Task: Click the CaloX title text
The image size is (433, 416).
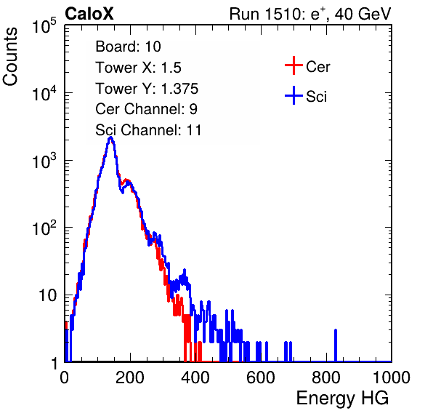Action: tap(89, 14)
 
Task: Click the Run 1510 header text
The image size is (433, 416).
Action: tap(310, 14)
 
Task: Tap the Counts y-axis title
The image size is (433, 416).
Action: tap(10, 57)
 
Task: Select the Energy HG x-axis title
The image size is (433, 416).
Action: tap(342, 398)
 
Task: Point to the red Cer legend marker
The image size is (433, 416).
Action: tap(294, 65)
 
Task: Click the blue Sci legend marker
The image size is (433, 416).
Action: tap(294, 95)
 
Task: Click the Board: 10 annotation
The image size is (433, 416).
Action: tap(128, 47)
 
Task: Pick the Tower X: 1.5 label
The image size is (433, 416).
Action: tap(138, 68)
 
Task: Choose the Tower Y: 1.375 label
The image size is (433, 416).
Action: tap(147, 89)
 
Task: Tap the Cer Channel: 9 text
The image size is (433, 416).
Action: tap(146, 109)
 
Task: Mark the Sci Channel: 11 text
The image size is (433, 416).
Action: tap(148, 130)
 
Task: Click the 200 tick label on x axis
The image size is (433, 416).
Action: tap(130, 377)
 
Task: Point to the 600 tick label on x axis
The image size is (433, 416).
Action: tap(261, 377)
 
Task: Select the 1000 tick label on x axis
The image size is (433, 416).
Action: tap(392, 377)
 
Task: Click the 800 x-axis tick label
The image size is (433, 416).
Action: tap(326, 377)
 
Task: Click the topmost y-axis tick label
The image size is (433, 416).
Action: tap(44, 26)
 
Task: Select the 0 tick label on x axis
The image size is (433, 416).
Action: tap(64, 377)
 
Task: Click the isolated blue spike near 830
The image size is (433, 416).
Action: tap(336, 345)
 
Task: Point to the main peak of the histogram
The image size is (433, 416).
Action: tap(110, 138)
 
